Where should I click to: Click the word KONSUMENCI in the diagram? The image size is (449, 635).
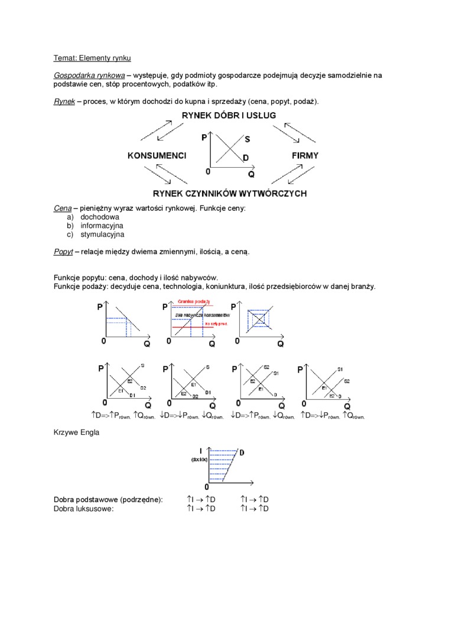pos(157,156)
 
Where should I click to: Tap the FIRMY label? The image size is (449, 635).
pos(305,156)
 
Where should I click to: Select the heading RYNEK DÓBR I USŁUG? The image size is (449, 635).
pos(229,115)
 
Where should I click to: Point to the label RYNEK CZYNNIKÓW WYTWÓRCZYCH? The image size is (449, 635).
pos(229,193)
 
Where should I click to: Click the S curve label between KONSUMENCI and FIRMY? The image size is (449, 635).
pos(247,139)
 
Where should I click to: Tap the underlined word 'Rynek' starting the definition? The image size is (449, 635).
pos(64,102)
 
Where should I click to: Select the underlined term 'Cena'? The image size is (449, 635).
pos(63,209)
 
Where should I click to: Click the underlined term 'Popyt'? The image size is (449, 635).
pos(63,252)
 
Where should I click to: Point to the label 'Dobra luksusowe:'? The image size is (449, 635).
pos(83,508)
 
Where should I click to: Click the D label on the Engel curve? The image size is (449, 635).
pos(242,452)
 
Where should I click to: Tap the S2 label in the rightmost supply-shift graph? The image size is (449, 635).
pos(347,380)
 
